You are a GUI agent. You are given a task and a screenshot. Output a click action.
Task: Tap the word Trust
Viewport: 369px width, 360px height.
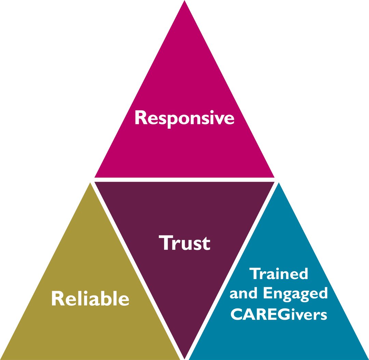pos(184,243)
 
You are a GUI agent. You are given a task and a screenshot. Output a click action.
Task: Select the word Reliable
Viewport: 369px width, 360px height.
pos(90,299)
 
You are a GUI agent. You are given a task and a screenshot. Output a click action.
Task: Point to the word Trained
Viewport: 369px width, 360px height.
pos(279,274)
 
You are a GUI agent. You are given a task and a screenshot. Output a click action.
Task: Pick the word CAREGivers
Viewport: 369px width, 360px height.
pos(279,314)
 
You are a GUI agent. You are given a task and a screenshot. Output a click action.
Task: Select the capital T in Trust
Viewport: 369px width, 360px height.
pos(165,243)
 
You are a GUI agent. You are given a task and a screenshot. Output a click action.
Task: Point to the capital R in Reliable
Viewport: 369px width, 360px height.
pos(57,298)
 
